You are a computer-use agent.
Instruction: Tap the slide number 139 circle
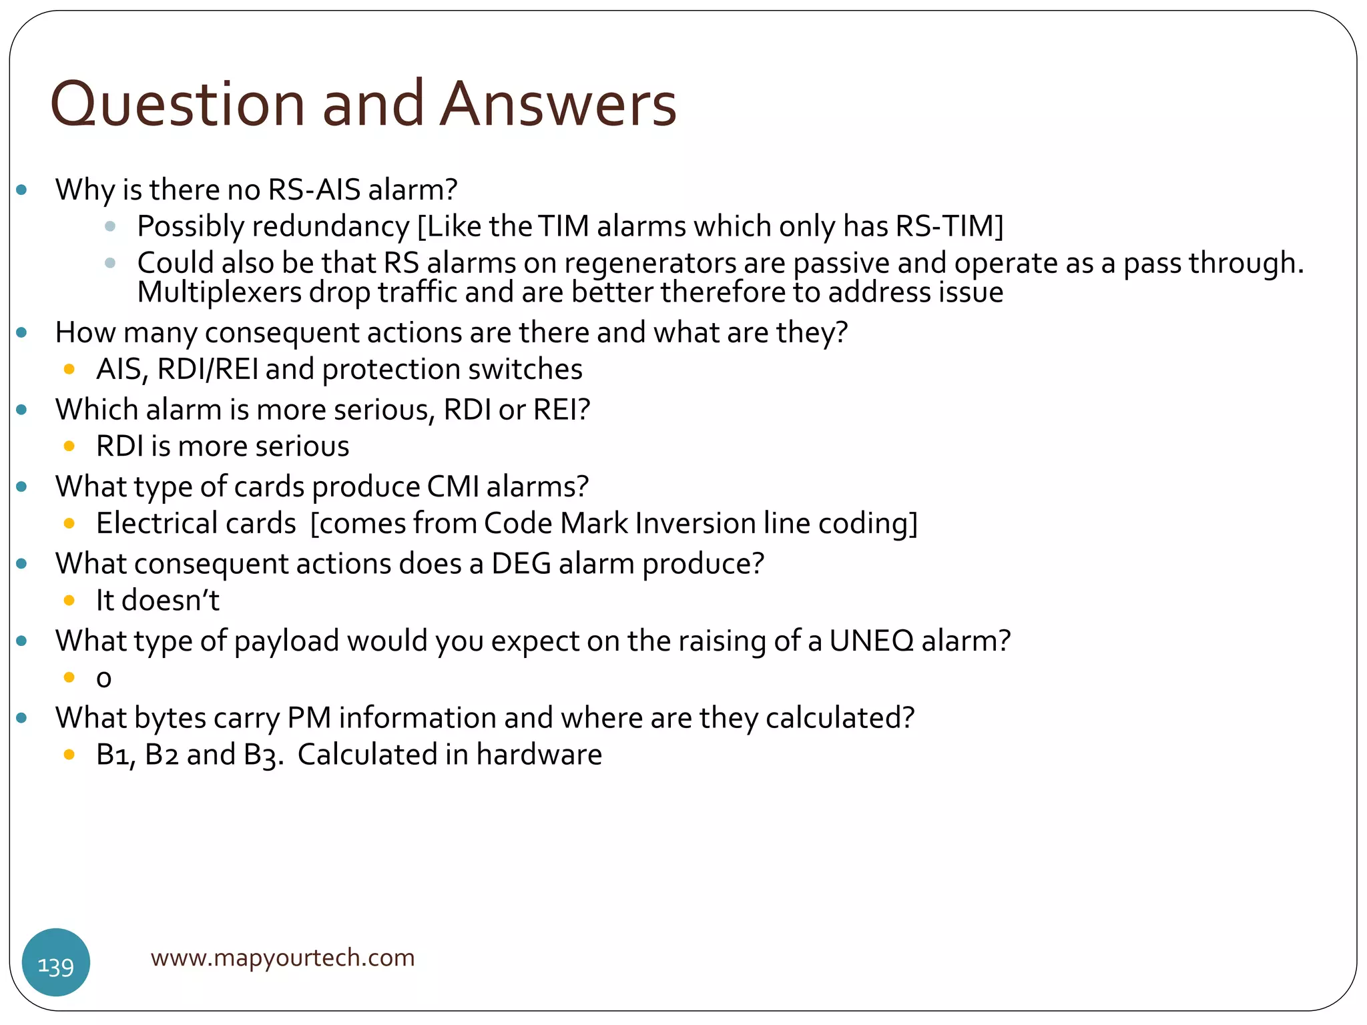(56, 962)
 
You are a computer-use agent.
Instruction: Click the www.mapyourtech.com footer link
(282, 958)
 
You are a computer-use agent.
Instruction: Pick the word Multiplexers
(220, 292)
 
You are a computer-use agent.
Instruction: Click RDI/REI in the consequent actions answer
(208, 369)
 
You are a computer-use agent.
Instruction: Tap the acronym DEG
(521, 564)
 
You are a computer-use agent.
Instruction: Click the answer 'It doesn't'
(158, 601)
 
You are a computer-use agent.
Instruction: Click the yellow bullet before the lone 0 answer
(69, 677)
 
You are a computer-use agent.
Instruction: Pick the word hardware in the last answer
(539, 755)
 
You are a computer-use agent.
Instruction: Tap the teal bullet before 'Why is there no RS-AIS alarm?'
(22, 190)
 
